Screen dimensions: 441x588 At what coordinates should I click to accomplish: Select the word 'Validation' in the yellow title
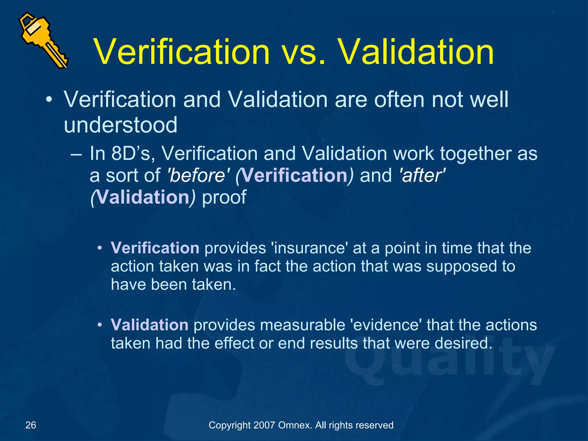(416, 52)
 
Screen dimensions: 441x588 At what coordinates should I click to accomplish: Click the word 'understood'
(121, 125)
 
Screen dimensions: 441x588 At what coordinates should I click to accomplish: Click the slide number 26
(31, 425)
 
